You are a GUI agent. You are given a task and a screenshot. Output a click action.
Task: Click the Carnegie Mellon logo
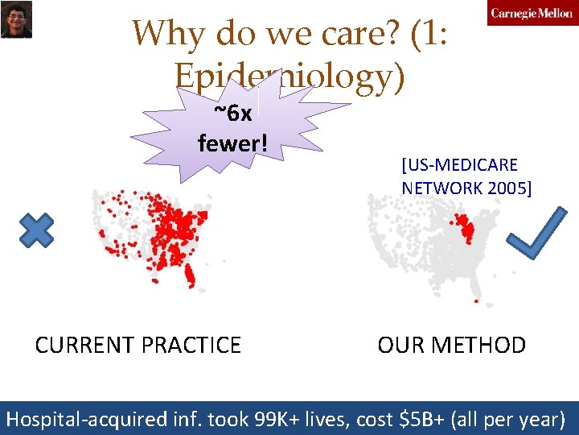tap(532, 14)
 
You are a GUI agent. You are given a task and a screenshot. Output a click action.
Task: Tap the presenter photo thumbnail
tap(16, 19)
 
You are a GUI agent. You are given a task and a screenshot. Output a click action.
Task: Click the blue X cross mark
tap(36, 230)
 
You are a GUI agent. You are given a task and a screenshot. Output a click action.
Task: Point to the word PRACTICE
tap(191, 346)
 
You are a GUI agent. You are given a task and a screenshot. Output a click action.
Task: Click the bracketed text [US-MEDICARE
tap(459, 165)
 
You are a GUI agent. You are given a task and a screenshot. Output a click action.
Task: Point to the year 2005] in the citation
tap(506, 188)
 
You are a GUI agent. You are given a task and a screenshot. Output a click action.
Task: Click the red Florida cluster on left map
tap(190, 277)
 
